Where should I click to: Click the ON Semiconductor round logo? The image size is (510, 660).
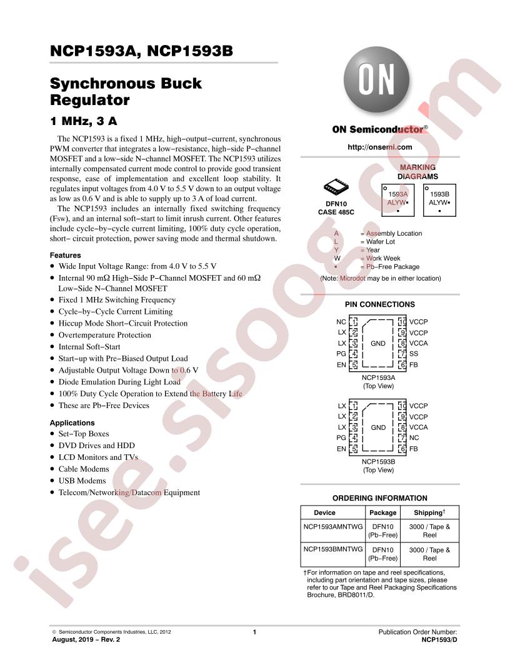point(376,79)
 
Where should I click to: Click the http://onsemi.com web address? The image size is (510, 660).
point(379,147)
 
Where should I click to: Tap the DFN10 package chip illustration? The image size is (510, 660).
point(336,187)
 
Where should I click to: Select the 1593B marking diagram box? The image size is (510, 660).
point(439,201)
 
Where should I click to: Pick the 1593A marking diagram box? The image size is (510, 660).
point(398,201)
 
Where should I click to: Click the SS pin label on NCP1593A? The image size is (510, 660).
point(414,354)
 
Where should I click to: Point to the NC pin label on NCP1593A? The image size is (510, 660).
point(341,322)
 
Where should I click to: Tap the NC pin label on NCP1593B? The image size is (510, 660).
point(414,437)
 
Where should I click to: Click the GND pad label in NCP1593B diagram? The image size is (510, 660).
point(378,427)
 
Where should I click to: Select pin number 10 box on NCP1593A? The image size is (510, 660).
point(402,322)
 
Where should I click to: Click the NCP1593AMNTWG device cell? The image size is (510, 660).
point(333,527)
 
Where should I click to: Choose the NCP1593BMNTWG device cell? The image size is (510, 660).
point(333,549)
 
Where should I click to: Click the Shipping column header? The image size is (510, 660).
point(429,512)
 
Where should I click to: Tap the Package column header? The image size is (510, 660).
point(383,512)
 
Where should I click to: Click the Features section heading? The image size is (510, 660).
point(65,255)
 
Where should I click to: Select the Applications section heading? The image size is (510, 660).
point(72,422)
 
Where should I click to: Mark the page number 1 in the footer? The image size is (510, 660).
point(254,632)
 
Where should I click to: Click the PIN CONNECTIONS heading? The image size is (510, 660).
point(379,304)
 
